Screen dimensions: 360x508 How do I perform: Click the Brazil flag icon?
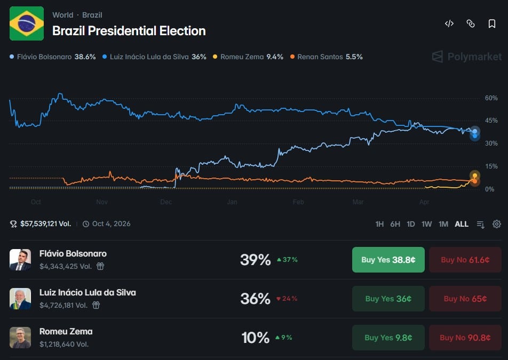point(27,23)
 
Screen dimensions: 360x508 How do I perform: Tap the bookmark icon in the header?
point(492,23)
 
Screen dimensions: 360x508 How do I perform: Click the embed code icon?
point(449,23)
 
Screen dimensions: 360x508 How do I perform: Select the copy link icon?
point(471,23)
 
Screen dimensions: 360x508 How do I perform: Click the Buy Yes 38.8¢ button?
point(388,260)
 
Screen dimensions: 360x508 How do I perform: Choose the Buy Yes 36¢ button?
point(388,299)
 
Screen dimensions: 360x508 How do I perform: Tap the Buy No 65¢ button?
point(465,299)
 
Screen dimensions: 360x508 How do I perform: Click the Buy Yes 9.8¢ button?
point(388,338)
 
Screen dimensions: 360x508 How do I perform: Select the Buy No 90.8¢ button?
point(465,338)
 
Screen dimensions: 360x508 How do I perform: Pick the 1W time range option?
point(427,224)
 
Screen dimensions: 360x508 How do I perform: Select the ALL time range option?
point(462,224)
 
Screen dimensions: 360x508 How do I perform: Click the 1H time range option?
point(379,224)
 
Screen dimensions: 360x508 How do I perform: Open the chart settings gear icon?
point(497,224)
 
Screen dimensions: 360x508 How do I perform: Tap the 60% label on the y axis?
point(491,98)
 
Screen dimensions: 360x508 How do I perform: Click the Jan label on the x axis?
point(232,202)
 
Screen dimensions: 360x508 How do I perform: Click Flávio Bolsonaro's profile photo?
point(20,260)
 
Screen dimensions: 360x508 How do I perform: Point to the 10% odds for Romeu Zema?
point(256,338)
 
